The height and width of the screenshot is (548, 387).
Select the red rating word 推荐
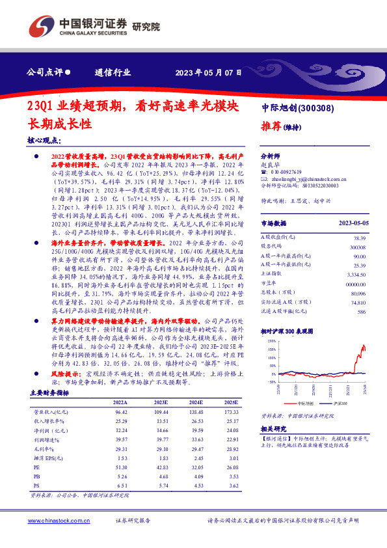point(271,126)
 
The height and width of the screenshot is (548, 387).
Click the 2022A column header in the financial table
point(122,402)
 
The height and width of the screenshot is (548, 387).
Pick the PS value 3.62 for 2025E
point(225,486)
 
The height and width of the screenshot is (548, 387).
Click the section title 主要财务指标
point(50,392)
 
